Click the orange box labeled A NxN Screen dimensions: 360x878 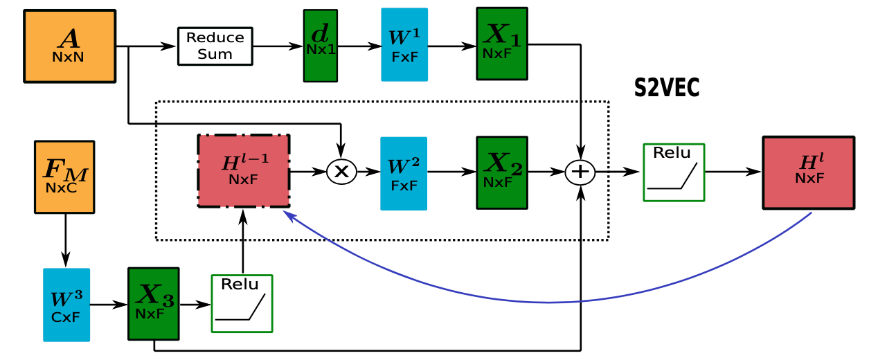pos(69,46)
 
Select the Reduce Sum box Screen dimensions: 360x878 pos(215,46)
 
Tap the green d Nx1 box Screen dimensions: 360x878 pos(320,45)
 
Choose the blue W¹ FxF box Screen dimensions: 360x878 pos(404,45)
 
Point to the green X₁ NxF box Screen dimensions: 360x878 pos(502,44)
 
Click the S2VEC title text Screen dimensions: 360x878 pos(667,88)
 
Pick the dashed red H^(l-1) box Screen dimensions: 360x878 pos(244,171)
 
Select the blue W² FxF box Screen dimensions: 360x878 pos(404,173)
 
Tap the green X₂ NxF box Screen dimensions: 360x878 pos(502,172)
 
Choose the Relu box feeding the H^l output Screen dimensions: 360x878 pos(674,172)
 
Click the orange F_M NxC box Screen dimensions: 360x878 pos(64,177)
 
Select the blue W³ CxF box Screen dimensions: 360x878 pos(66,305)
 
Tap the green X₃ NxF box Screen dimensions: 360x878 pos(153,304)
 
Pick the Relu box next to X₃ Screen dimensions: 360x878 pos(242,303)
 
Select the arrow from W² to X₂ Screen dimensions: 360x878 pos(451,172)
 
